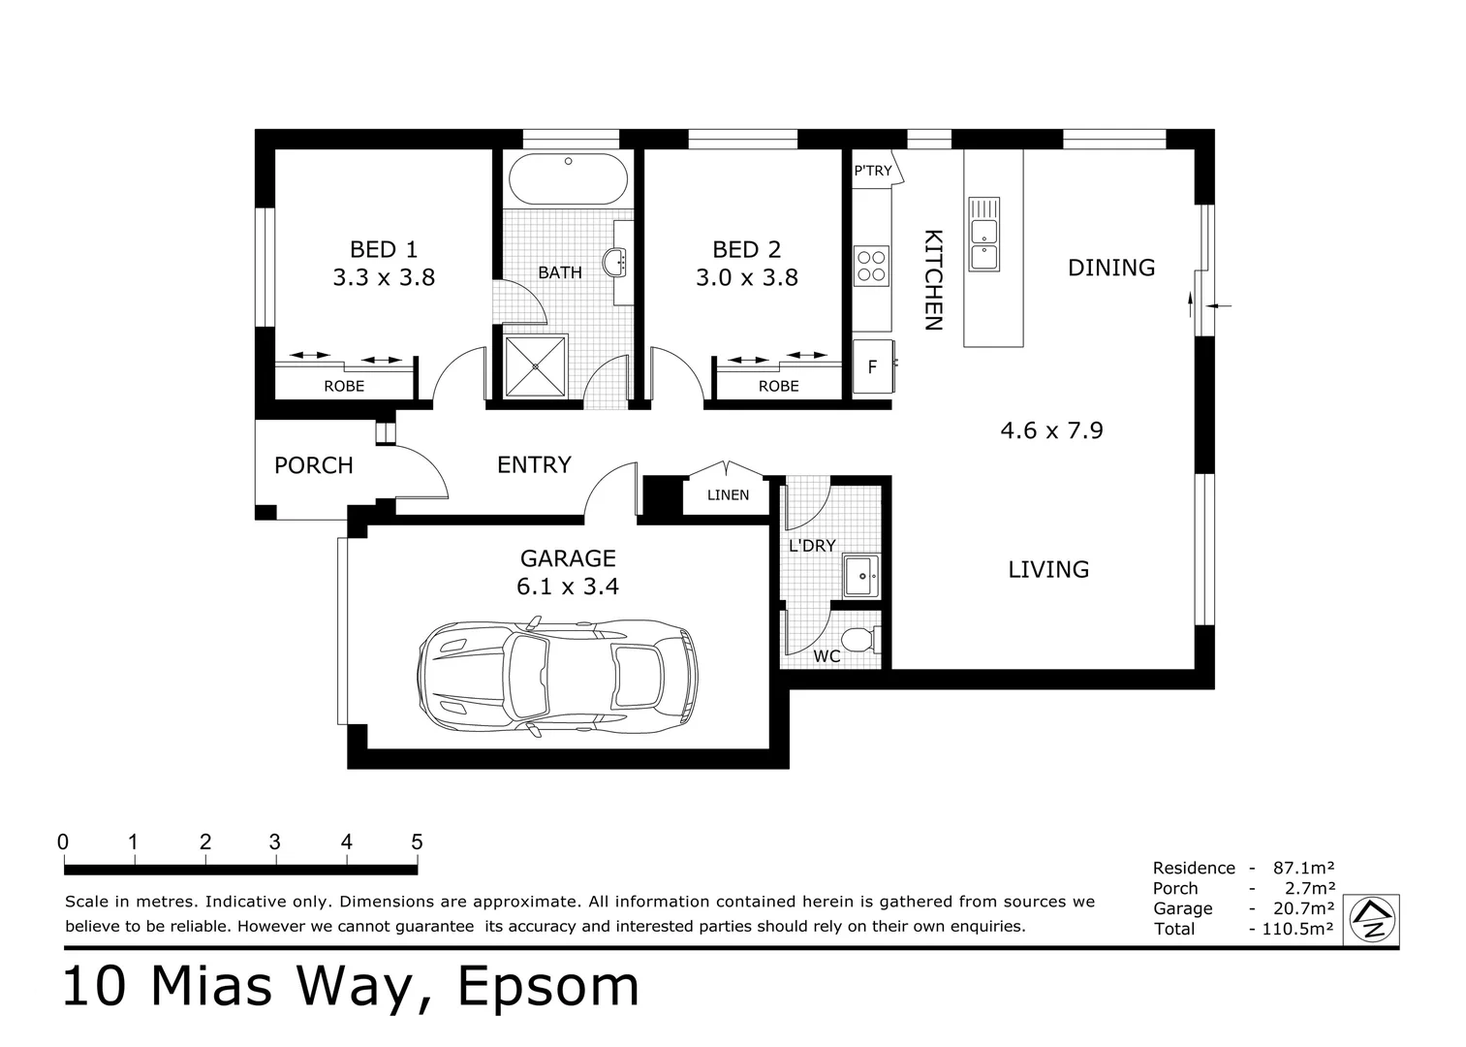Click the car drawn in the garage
pos(557,676)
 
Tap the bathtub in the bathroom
pos(568,178)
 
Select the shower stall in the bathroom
pos(536,366)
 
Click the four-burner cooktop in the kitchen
pos(871,266)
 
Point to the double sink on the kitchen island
pos(984,234)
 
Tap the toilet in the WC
pos(860,640)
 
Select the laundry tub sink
pos(861,576)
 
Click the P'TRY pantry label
pos(872,171)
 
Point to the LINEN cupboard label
pos(728,495)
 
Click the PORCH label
pos(314,465)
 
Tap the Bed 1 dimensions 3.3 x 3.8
pos(384,277)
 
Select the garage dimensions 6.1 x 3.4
pos(568,587)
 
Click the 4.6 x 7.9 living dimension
pos(1051,430)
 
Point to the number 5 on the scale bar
pos(417,841)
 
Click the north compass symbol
pos(1372,919)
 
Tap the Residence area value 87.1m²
pos(1303,868)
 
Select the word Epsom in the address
pos(547,986)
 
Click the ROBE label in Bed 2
pos(778,386)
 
